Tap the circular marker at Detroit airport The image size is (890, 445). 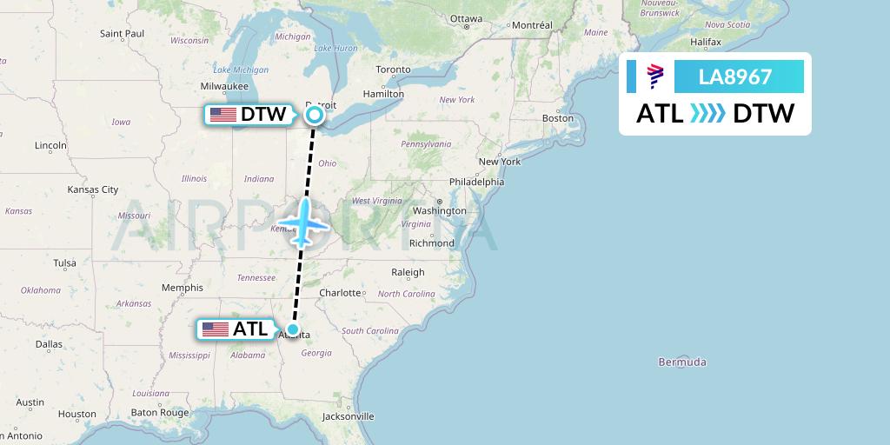point(315,114)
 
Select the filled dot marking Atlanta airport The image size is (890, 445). point(294,329)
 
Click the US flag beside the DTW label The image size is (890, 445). point(223,115)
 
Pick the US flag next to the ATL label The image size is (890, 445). point(215,329)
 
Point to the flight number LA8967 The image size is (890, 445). point(735,76)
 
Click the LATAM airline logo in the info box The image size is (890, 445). point(654,76)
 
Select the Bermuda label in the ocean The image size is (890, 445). point(682,362)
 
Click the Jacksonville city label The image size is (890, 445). point(347,416)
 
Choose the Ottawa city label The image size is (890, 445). point(466,18)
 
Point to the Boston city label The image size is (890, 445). point(557,117)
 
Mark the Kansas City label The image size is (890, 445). point(93,189)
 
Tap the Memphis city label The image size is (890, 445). point(182,288)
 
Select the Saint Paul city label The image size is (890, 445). point(122,33)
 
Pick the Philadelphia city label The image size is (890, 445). point(476,182)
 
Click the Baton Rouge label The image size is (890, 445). point(159,413)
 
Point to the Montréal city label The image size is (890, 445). point(532,25)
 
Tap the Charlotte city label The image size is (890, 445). point(340,293)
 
